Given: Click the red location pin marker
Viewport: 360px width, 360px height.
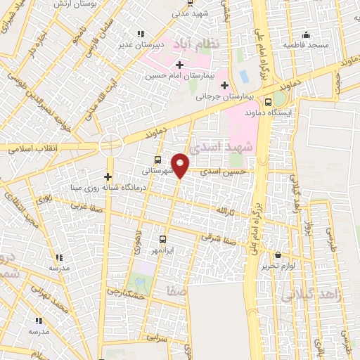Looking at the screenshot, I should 181,165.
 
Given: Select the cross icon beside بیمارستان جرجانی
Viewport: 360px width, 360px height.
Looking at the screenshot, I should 224,86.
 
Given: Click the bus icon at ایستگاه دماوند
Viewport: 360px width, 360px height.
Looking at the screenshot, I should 268,101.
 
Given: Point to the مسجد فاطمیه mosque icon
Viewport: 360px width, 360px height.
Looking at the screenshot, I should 305,34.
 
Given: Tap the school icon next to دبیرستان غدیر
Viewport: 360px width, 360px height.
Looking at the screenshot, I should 141,33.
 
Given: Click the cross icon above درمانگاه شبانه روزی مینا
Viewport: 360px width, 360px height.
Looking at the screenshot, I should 108,176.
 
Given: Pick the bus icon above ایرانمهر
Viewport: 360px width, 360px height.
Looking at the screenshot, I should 162,239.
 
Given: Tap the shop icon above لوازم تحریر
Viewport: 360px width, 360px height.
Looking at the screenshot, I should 279,255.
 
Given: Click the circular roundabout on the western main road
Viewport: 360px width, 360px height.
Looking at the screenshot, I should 111,146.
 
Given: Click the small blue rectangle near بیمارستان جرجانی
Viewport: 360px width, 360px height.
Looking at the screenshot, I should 243,75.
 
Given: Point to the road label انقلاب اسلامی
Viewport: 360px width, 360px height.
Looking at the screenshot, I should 31,148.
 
